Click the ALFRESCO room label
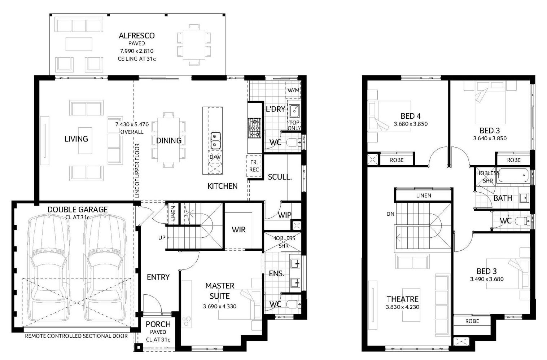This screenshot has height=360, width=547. point(136,36)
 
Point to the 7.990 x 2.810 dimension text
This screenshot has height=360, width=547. point(136,51)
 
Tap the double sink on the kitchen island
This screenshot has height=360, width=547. point(215,140)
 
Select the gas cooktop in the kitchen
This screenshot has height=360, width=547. point(254,128)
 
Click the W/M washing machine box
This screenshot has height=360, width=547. point(293,90)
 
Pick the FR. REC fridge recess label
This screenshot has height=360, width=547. point(254,166)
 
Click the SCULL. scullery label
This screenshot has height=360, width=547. point(280,177)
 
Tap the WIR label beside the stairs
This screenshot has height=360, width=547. point(239,229)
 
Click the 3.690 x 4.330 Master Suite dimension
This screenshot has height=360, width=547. point(219,306)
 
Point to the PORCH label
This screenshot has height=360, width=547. point(158,324)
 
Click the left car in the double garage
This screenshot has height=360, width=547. point(49,268)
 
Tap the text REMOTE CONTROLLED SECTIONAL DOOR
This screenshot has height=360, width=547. point(76,336)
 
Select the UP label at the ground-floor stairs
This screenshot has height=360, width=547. point(162,237)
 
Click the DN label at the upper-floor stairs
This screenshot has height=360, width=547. point(390,214)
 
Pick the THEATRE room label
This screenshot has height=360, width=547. point(402,299)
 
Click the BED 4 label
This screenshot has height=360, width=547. point(411,116)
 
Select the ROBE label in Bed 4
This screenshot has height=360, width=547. point(397,160)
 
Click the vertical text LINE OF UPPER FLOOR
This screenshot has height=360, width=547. point(137,171)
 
